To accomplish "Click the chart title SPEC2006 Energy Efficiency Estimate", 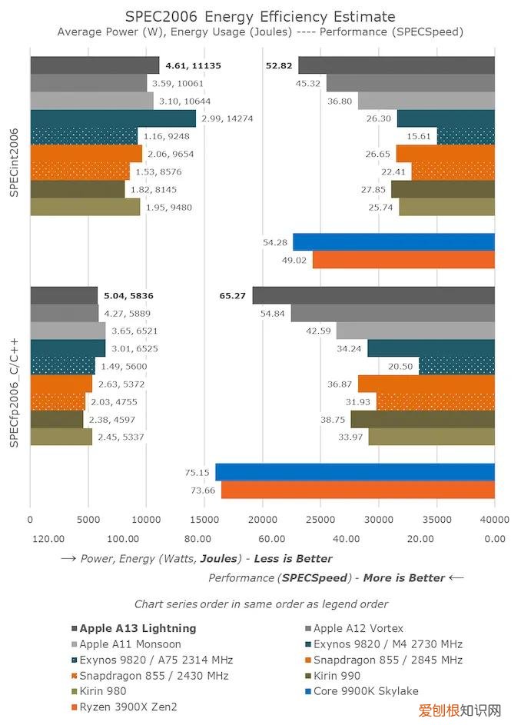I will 260,16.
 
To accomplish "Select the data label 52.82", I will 280,65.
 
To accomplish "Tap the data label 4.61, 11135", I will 193,65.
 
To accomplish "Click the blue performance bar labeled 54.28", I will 393,242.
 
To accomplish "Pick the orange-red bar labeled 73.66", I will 357,490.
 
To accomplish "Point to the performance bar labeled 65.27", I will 373,295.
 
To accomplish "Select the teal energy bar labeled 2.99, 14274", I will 113,118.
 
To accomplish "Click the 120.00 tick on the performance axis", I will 48,539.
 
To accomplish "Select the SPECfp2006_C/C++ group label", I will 15,393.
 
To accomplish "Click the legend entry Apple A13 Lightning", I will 138,628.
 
